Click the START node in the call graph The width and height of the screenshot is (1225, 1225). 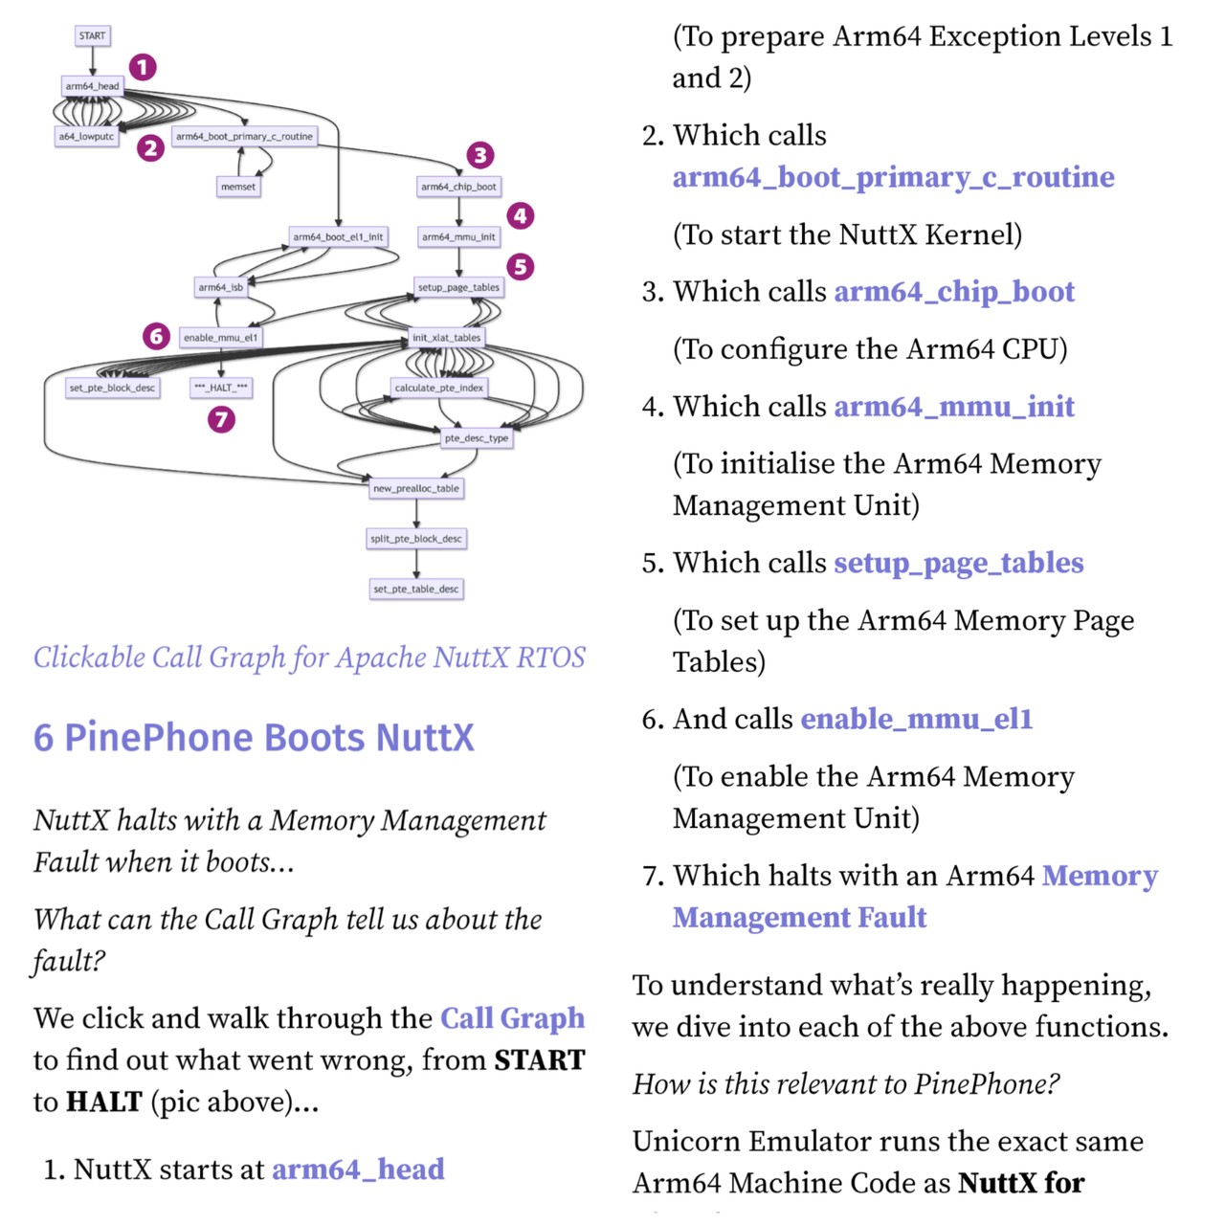[x=92, y=36]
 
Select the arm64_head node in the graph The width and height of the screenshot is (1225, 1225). [x=92, y=86]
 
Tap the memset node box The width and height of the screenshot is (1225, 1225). [x=238, y=187]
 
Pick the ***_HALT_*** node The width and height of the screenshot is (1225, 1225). [x=221, y=388]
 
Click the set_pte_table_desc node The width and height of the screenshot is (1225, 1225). [x=416, y=589]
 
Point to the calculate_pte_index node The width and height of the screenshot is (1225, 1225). [x=439, y=388]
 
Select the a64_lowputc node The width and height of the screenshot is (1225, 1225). [x=86, y=137]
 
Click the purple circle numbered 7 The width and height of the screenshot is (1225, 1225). [x=221, y=419]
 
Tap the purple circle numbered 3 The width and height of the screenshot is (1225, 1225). [x=480, y=155]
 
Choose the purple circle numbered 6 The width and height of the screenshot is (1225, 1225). [x=156, y=336]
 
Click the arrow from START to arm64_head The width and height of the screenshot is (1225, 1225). [x=93, y=60]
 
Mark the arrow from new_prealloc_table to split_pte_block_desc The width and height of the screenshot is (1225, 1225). [x=416, y=514]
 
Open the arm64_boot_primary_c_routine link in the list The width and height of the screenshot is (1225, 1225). [x=893, y=177]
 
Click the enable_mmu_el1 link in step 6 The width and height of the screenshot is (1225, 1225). [x=916, y=719]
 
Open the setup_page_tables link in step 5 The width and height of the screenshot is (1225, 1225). [x=958, y=563]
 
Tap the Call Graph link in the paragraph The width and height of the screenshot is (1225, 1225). [x=512, y=1018]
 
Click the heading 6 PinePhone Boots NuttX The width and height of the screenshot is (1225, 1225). [x=254, y=738]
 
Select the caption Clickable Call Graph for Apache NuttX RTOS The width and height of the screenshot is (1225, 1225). [x=309, y=657]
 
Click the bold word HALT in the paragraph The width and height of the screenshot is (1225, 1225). [x=104, y=1102]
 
